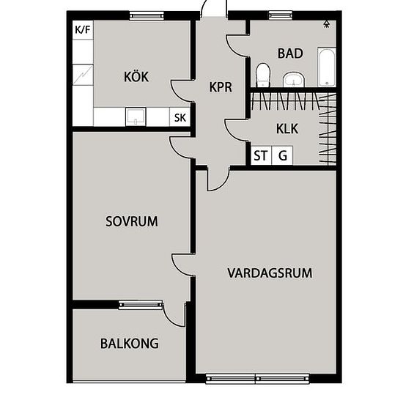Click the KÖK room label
click(x=136, y=77)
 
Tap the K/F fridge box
click(x=83, y=30)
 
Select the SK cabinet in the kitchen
click(x=180, y=117)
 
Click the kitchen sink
click(x=136, y=117)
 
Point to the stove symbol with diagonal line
click(x=83, y=75)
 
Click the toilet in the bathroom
click(x=263, y=75)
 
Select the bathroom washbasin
click(x=294, y=79)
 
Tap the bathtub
click(x=327, y=67)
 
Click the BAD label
click(x=290, y=53)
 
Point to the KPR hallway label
click(x=221, y=87)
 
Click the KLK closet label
click(x=287, y=128)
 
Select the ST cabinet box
click(x=261, y=155)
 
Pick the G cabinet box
click(x=282, y=155)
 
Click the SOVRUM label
click(x=132, y=221)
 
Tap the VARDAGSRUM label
click(x=270, y=273)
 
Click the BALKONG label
click(x=129, y=344)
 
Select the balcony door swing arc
click(x=171, y=319)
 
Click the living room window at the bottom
click(x=257, y=379)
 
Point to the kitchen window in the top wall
click(x=147, y=16)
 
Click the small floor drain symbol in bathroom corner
click(x=326, y=24)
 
